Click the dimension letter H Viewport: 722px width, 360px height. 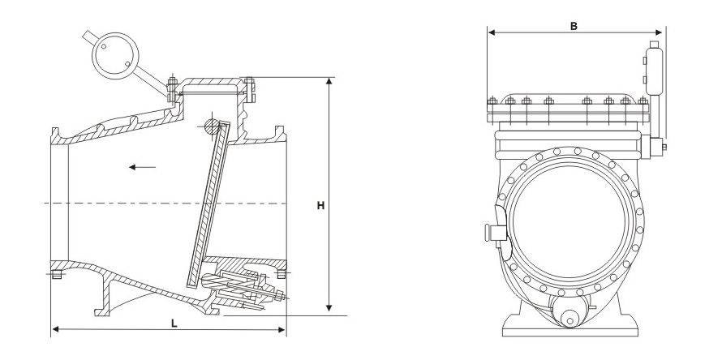(x=320, y=206)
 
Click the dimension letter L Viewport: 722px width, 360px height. (x=174, y=323)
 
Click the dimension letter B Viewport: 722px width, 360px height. (x=574, y=26)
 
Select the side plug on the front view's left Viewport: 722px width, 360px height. (x=492, y=233)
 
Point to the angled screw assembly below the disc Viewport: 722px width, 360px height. (x=243, y=290)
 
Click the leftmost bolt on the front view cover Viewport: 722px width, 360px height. (x=491, y=103)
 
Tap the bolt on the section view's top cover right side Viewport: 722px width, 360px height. (x=250, y=88)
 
